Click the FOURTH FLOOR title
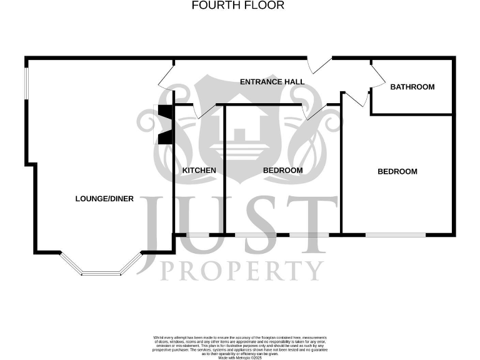(x=237, y=6)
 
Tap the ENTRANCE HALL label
(x=272, y=82)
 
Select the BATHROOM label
(x=412, y=87)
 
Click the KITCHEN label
(x=199, y=171)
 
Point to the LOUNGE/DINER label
(x=104, y=199)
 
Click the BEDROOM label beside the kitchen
(x=282, y=171)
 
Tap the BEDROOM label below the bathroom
(x=397, y=171)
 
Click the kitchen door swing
(x=204, y=111)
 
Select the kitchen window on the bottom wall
(x=198, y=235)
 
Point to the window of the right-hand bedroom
(x=396, y=235)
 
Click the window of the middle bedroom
(x=262, y=235)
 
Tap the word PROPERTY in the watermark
(x=242, y=270)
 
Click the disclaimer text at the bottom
(x=239, y=347)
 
